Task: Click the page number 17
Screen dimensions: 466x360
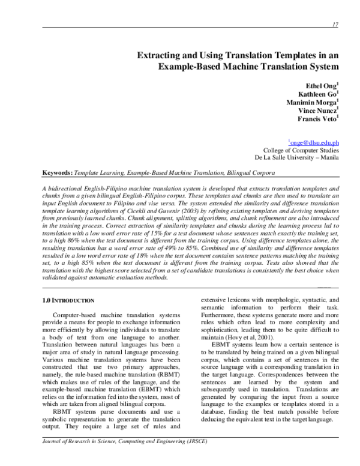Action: pyautogui.click(x=335, y=23)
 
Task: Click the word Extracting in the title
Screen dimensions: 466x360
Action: pyautogui.click(x=161, y=55)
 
